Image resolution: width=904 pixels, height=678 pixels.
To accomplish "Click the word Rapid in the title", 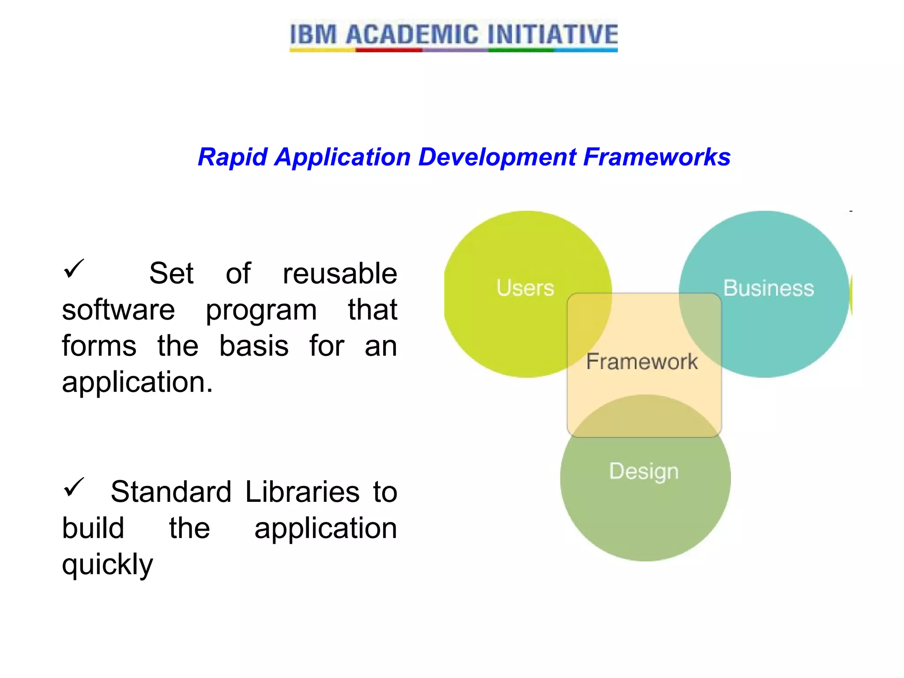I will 233,157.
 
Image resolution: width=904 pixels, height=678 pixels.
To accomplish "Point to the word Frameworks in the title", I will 657,157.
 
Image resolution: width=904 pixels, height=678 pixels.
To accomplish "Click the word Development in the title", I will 497,157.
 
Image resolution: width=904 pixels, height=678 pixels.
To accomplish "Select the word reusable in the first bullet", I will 339,274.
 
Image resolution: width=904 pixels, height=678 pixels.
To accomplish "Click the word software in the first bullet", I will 118,310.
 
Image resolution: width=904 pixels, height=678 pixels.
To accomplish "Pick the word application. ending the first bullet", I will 137,382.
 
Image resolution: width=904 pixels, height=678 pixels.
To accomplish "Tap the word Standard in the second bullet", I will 171,492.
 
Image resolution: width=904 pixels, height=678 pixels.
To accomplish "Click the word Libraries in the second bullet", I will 302,492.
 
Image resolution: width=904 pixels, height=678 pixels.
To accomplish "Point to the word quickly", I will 107,565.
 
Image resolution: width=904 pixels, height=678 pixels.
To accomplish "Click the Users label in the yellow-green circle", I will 525,288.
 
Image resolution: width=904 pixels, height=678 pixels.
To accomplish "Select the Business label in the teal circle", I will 768,288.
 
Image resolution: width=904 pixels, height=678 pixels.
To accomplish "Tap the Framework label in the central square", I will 642,362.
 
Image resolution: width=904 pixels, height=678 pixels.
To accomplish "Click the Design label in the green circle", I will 644,471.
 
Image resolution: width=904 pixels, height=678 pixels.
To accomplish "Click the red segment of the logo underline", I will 388,50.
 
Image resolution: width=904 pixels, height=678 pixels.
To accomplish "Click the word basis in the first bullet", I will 254,346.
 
